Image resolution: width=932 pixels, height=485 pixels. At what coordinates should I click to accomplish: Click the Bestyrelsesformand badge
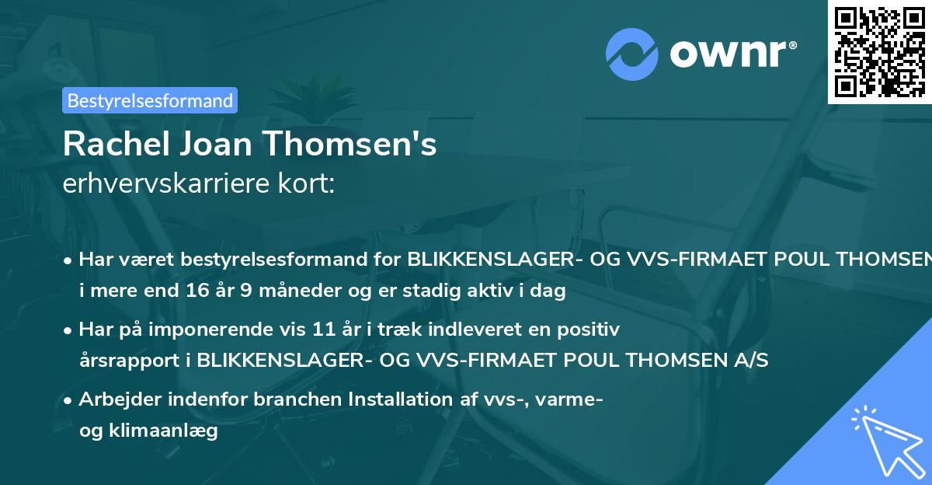click(x=150, y=100)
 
